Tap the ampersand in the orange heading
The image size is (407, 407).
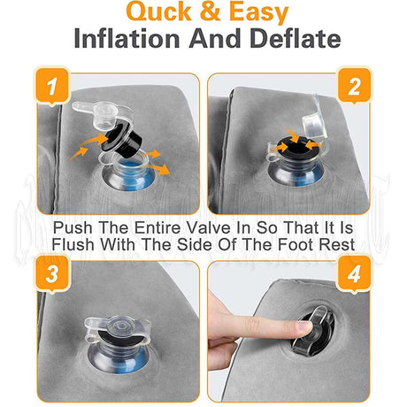(208, 12)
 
